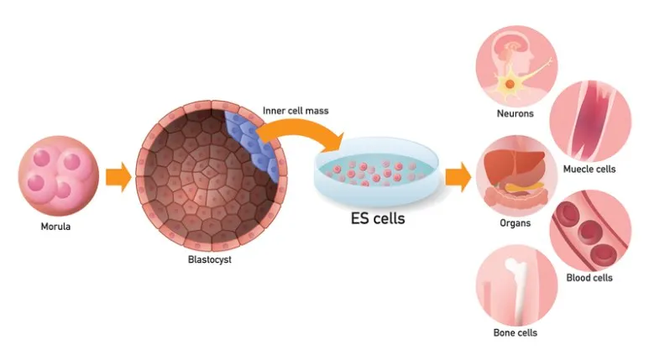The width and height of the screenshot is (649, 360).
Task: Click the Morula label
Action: tap(55, 227)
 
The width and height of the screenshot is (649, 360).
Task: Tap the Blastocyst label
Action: tap(209, 260)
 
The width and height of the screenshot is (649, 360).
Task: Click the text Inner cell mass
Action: tap(296, 111)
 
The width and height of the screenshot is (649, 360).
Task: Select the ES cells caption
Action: tap(378, 218)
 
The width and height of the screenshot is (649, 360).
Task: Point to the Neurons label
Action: tap(516, 113)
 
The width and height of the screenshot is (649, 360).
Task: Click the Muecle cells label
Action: tap(589, 170)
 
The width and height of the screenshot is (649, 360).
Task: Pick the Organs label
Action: tap(516, 223)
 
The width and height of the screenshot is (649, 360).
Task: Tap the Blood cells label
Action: tap(589, 278)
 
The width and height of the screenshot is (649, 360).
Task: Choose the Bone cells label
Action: tap(516, 332)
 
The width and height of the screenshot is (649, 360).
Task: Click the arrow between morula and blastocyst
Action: tap(118, 177)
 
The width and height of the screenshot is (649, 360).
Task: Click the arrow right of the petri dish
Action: tap(458, 177)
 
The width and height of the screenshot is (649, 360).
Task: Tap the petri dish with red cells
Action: tap(376, 171)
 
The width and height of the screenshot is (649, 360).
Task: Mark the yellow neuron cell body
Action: tap(510, 84)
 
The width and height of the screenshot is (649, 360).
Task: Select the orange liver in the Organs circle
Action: tap(514, 165)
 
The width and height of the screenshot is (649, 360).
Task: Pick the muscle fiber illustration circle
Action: tap(590, 121)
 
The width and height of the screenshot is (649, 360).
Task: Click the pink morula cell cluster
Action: tap(59, 175)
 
